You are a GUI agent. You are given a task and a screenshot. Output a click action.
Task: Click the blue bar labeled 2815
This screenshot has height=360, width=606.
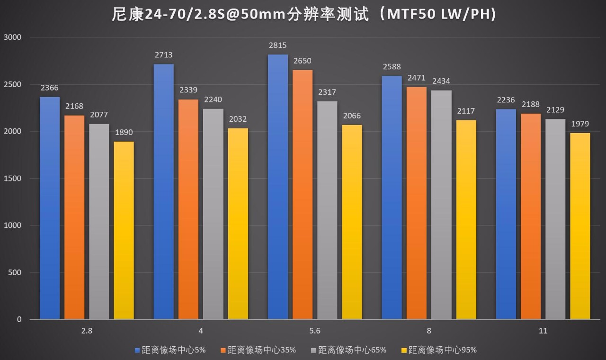[277, 187]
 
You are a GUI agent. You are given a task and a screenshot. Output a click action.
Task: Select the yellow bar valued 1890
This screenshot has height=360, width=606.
[124, 230]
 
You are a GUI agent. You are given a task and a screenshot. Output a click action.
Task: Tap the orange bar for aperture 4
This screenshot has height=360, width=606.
[189, 209]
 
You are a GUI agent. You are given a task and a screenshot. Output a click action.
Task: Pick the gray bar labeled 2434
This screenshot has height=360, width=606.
[441, 205]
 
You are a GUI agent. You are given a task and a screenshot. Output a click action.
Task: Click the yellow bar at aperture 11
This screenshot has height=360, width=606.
[580, 226]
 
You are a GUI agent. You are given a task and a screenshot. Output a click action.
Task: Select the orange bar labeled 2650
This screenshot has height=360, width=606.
[303, 195]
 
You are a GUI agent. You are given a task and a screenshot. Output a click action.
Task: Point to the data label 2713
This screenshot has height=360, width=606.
[164, 55]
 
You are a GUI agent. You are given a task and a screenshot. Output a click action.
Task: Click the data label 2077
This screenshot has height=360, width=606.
[99, 115]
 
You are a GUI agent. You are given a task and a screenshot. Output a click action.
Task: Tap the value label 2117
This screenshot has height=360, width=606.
[466, 111]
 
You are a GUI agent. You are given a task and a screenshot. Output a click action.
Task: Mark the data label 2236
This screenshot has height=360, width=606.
[506, 100]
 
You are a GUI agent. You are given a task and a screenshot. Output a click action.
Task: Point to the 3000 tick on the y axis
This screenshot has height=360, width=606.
[13, 37]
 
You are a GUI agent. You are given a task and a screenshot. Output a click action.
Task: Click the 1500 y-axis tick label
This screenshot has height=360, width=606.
[13, 179]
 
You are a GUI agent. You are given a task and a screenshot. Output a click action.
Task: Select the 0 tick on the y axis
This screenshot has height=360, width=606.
[19, 320]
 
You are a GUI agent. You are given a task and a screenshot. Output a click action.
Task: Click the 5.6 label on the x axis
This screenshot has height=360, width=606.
[314, 331]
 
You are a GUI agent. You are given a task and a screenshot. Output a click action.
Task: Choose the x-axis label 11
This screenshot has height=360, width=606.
[543, 331]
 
